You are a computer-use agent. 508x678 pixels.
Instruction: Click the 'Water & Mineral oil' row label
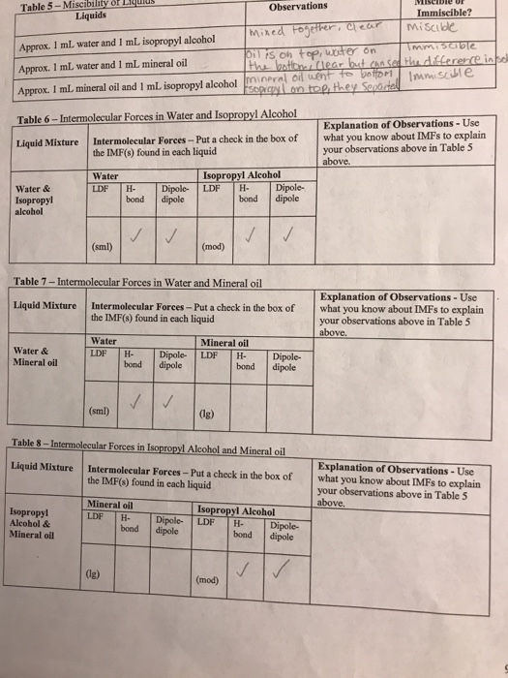pos(37,356)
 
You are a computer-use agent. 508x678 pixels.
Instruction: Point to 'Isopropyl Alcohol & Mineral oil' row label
pos(34,522)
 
